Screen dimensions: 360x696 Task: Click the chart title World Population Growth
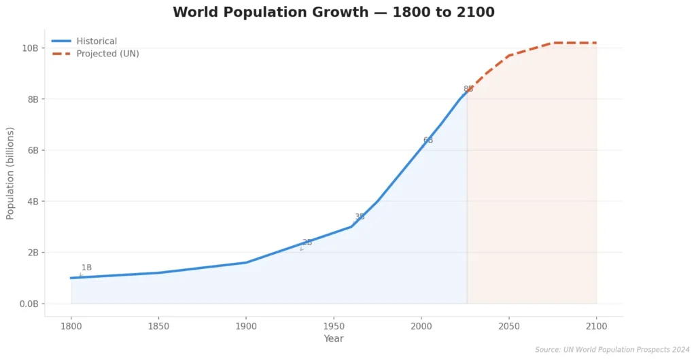(333, 12)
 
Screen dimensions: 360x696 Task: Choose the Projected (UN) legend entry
(107, 54)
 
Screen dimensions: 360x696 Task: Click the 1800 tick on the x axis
(71, 326)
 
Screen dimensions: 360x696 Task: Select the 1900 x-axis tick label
(246, 326)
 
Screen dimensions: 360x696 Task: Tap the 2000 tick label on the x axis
(421, 326)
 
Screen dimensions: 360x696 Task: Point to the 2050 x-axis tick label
(509, 326)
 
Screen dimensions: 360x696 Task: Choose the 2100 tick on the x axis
(597, 326)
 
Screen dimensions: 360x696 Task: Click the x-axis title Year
(334, 339)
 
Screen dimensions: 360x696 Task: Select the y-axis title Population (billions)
(10, 173)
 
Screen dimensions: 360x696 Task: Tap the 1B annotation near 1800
(86, 268)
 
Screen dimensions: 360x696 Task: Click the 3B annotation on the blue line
(360, 217)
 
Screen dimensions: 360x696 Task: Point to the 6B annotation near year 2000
(428, 141)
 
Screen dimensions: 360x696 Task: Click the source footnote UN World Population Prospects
(612, 350)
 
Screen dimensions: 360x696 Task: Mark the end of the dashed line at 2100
(597, 43)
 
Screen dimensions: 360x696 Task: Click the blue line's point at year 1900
(246, 262)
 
